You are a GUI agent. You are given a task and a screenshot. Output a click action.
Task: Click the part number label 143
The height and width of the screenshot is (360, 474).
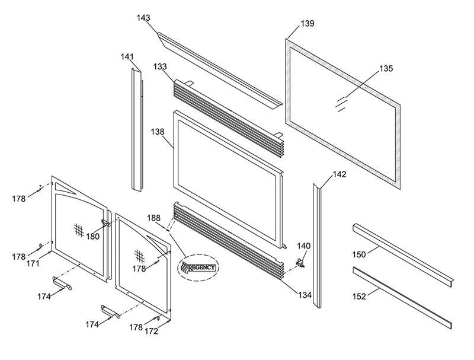point(143,18)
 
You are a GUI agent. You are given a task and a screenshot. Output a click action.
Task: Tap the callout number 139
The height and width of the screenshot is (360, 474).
point(308,23)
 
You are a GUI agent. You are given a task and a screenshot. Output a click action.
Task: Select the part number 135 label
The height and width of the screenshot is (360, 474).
point(386,69)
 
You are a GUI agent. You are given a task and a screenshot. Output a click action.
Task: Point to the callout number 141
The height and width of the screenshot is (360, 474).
point(127,56)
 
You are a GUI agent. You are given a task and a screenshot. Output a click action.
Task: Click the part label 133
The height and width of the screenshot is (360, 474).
point(160,66)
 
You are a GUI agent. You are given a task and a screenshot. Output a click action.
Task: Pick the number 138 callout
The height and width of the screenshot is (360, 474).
point(158,132)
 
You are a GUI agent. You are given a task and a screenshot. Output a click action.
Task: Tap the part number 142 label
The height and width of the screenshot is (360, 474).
point(340,174)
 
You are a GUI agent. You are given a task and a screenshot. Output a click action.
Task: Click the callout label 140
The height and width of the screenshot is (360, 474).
point(303,246)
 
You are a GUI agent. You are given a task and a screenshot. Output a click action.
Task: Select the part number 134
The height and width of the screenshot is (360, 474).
point(305,294)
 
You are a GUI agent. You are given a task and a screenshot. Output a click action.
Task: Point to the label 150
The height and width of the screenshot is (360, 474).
point(359,254)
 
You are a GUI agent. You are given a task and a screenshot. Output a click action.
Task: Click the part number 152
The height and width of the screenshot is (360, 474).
point(359,297)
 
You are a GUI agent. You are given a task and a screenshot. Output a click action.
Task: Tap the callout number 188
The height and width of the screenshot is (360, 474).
point(154,218)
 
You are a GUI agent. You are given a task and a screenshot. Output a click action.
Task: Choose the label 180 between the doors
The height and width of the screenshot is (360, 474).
point(93,236)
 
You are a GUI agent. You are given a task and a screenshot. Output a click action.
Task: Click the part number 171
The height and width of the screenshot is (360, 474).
point(33,263)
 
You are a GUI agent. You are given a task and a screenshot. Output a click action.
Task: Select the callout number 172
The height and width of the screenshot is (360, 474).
point(152,332)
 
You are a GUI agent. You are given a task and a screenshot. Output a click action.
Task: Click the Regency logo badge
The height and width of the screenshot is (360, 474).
point(198,267)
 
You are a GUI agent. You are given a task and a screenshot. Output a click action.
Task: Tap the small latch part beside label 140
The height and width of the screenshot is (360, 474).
point(300,263)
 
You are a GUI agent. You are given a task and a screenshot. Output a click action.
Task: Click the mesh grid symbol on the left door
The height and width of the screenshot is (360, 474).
point(79,230)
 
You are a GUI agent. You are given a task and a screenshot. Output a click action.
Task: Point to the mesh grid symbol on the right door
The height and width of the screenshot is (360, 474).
point(139,256)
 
